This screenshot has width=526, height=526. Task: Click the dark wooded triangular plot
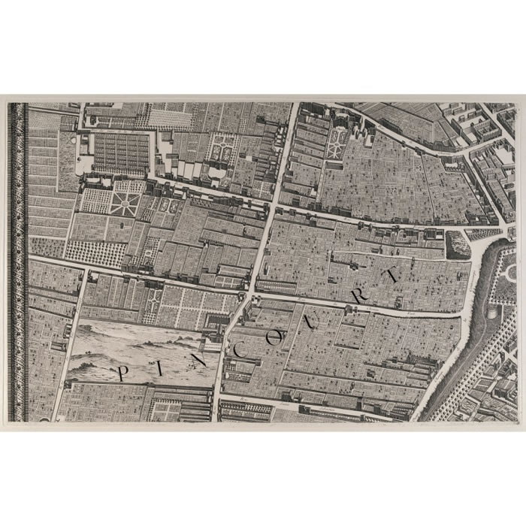point(457,244)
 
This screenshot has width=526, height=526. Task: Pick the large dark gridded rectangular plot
point(120,155)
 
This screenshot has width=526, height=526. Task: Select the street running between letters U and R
point(338,305)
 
